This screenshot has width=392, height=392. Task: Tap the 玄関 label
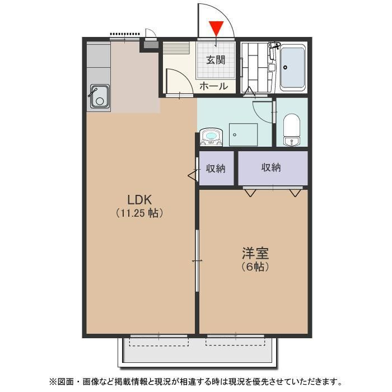[x=216, y=60]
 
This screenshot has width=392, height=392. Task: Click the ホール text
[x=213, y=86]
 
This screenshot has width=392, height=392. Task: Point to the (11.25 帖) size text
[x=140, y=213]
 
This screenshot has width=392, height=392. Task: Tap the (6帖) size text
[x=255, y=267]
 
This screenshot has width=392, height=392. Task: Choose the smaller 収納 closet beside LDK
[x=216, y=167]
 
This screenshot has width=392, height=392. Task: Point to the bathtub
[x=292, y=68]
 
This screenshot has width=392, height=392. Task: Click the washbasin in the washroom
[x=211, y=136]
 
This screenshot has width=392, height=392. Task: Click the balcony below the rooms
[x=196, y=352]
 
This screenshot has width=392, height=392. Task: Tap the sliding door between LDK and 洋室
[x=197, y=260]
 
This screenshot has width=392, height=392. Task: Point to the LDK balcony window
[x=159, y=336]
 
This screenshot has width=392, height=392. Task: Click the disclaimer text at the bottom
[x=195, y=381]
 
